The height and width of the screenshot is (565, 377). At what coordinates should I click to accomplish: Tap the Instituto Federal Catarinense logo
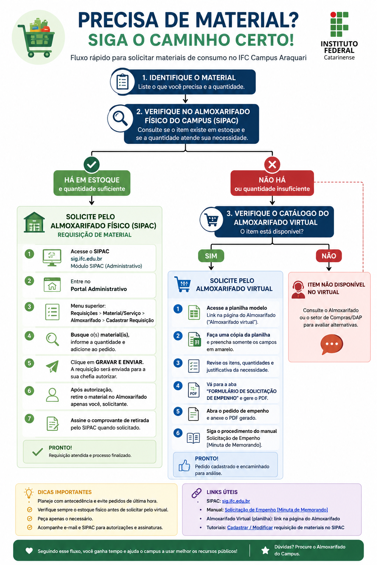tap(339, 36)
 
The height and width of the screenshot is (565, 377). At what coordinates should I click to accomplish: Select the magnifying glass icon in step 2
tap(120, 118)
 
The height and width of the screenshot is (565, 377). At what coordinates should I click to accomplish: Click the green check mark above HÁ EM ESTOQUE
tap(91, 164)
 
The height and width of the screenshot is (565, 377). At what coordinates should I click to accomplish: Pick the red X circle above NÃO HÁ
tap(272, 164)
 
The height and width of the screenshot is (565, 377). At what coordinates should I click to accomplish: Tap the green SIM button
tap(211, 256)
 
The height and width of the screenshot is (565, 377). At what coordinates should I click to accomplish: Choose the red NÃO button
tap(329, 256)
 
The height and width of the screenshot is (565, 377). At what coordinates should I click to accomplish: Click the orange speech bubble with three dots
tap(332, 344)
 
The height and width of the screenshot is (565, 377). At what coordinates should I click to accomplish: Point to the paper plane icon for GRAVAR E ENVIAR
tap(52, 366)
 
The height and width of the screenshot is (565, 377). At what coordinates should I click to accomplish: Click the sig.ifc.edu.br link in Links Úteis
tap(236, 501)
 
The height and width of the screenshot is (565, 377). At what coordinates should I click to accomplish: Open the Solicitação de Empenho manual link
tap(276, 510)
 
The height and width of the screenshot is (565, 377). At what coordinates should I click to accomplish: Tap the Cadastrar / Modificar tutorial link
tap(250, 527)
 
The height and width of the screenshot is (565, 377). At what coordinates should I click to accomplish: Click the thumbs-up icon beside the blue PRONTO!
tap(184, 465)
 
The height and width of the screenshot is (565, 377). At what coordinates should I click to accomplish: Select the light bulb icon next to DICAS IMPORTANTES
tap(29, 493)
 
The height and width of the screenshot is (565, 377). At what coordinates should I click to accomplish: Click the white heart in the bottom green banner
tap(29, 551)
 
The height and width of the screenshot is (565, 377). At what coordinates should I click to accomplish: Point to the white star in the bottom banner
tap(265, 550)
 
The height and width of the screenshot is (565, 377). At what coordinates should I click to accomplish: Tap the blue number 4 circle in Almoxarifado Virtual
tap(178, 385)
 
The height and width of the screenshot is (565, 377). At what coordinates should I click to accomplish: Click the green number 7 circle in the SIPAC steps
tap(29, 419)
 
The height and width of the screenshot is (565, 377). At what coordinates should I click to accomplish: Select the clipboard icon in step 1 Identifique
tap(123, 81)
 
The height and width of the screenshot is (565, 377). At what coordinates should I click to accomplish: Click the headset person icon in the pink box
tap(298, 290)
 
